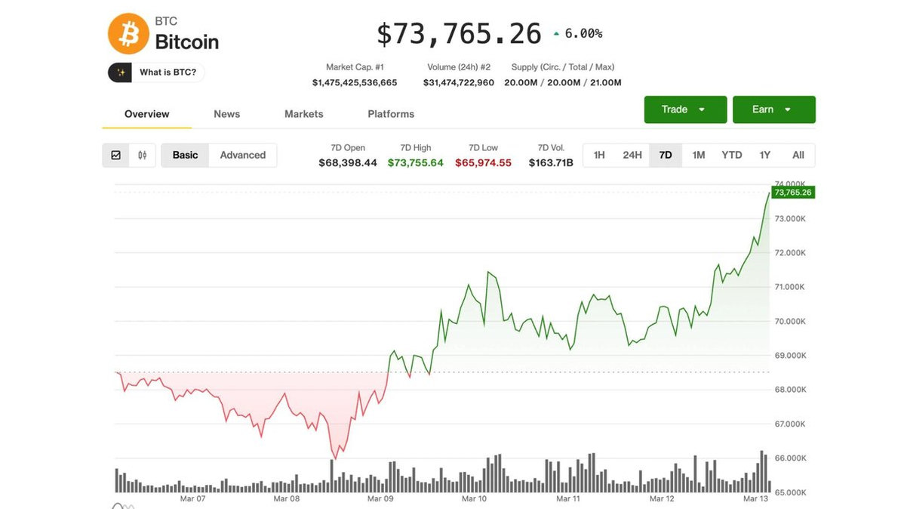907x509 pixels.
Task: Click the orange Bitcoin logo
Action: click(128, 34)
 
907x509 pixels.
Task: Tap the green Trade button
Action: click(685, 110)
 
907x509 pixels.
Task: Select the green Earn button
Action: click(773, 110)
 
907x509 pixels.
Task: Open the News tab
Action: click(226, 114)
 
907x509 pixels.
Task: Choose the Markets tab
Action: click(303, 114)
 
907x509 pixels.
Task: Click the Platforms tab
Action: click(391, 114)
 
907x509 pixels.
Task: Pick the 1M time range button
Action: click(699, 155)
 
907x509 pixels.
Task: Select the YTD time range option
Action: click(731, 155)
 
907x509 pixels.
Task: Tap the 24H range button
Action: click(632, 155)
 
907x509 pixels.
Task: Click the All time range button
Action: click(798, 155)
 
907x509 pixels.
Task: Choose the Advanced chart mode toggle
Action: click(242, 155)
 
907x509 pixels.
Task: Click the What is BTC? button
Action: click(157, 72)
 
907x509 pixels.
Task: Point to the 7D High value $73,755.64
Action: click(416, 162)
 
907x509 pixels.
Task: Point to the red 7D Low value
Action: click(483, 162)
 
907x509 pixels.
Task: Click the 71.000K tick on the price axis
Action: click(790, 287)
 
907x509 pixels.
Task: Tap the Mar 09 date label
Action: click(380, 498)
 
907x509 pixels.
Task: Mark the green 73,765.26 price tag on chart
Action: click(792, 193)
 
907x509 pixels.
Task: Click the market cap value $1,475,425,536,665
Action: click(355, 82)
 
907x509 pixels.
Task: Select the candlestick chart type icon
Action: click(143, 155)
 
